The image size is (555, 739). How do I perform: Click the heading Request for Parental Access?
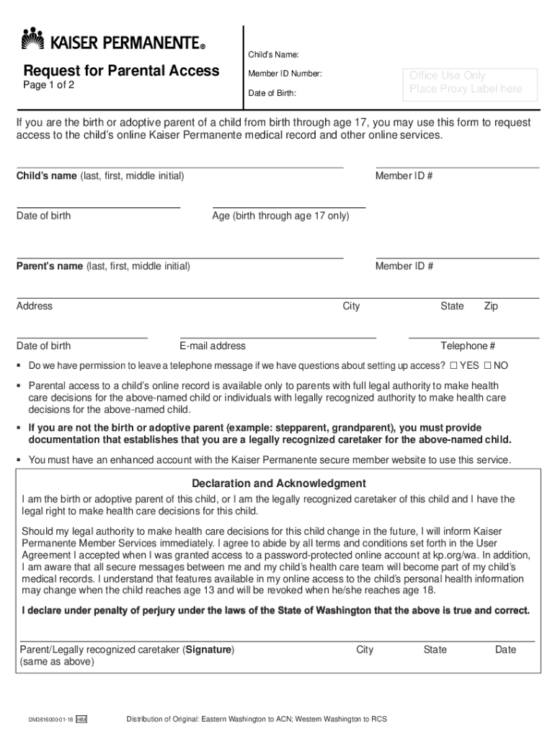(121, 71)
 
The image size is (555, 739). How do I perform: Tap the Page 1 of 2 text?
(48, 85)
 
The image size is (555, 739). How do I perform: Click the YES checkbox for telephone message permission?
(453, 366)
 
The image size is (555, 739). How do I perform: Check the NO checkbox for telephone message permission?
(488, 366)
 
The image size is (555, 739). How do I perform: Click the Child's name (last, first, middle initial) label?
(100, 176)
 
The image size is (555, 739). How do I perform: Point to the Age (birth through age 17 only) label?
(280, 216)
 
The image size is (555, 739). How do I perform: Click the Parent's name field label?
(103, 266)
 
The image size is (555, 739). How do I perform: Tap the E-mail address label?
(213, 346)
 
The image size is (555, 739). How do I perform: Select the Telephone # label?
(468, 346)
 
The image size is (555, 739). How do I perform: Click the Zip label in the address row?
(491, 306)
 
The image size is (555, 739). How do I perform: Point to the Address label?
(35, 306)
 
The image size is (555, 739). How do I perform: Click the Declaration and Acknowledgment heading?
(278, 484)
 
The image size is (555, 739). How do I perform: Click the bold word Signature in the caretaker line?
(209, 650)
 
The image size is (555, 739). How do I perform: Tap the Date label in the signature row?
(505, 650)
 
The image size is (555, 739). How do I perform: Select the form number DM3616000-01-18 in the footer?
(50, 720)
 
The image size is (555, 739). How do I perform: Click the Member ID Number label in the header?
(285, 74)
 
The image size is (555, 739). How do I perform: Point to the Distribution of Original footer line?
(257, 720)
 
